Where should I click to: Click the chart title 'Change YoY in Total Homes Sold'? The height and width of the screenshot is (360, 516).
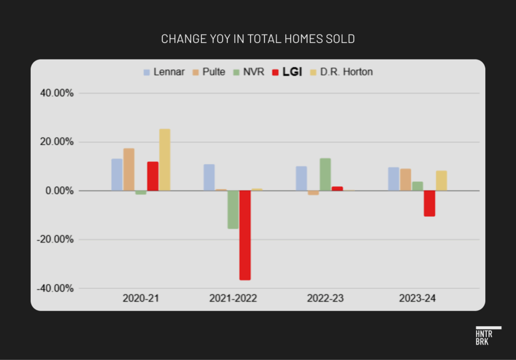tap(257, 39)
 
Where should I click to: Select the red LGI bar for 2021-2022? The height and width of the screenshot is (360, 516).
tap(245, 235)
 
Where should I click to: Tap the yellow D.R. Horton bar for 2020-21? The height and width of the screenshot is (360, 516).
tap(165, 160)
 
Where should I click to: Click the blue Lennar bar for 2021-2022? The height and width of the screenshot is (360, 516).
tap(209, 177)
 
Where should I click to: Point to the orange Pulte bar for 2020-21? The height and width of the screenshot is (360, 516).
tap(128, 169)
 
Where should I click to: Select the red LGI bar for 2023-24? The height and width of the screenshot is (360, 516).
tap(429, 203)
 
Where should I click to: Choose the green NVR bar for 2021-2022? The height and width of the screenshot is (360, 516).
tap(233, 209)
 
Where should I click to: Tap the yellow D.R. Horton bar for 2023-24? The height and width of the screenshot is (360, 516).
tap(441, 181)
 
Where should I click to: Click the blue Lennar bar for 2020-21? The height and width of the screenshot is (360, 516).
tap(117, 174)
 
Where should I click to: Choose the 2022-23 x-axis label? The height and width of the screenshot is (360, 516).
tap(326, 298)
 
